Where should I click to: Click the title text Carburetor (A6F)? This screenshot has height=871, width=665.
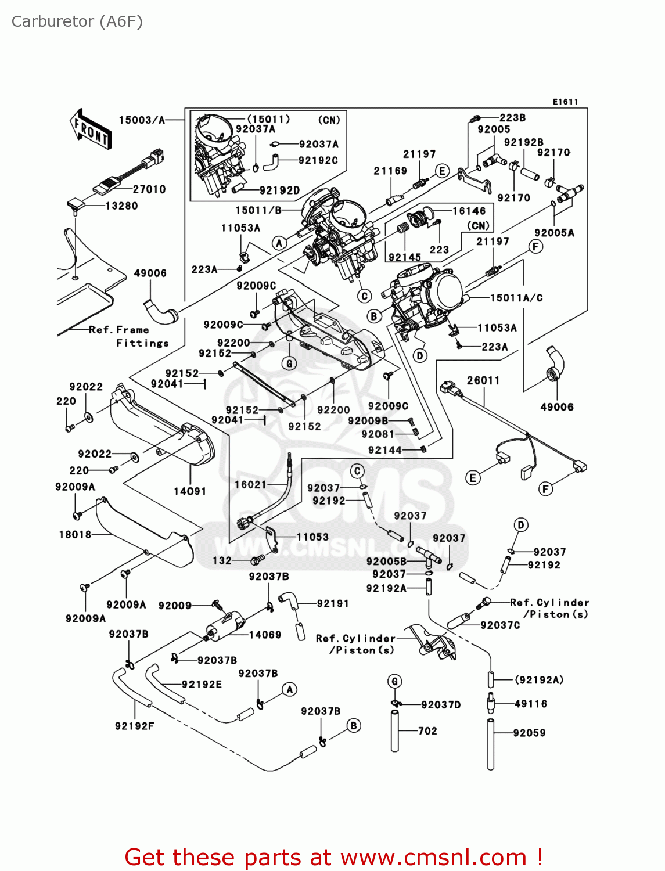77,21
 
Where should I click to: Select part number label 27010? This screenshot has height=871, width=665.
149,189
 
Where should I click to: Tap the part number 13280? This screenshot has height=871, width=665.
121,206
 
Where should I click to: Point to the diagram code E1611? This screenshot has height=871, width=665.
565,102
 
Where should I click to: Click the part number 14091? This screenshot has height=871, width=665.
190,491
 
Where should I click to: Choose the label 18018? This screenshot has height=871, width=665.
75,534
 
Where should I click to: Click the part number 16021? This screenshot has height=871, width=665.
250,484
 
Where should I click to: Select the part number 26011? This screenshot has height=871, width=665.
483,380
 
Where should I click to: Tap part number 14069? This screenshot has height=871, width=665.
265,635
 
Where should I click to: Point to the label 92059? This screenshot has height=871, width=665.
529,733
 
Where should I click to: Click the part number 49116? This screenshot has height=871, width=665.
530,704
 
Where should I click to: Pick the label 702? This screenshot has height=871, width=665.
427,731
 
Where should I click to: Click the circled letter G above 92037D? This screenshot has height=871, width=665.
395,681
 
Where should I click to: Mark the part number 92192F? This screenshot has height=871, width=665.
134,726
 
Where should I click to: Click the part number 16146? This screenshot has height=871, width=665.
469,211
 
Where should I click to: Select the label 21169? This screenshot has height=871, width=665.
390,171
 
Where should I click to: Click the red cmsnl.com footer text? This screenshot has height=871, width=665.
333,857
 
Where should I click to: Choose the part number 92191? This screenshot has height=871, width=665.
333,604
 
